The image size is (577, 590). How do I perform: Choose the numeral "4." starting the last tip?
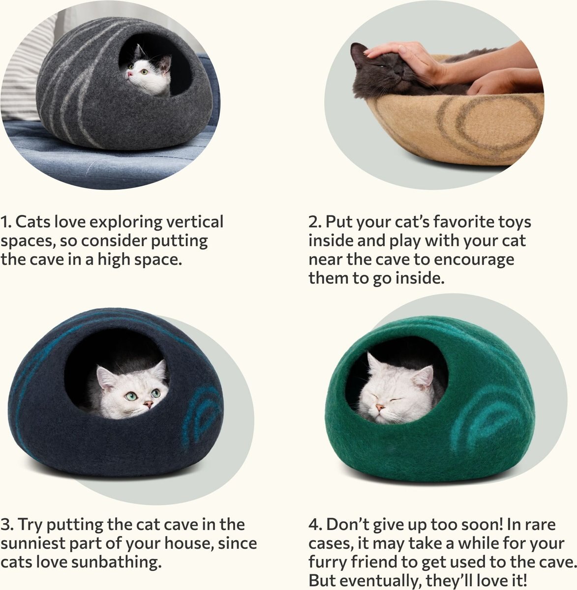point(315,525)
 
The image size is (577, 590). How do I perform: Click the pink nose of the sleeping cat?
point(380,408)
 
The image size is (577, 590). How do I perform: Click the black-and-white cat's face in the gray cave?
point(143,74)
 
